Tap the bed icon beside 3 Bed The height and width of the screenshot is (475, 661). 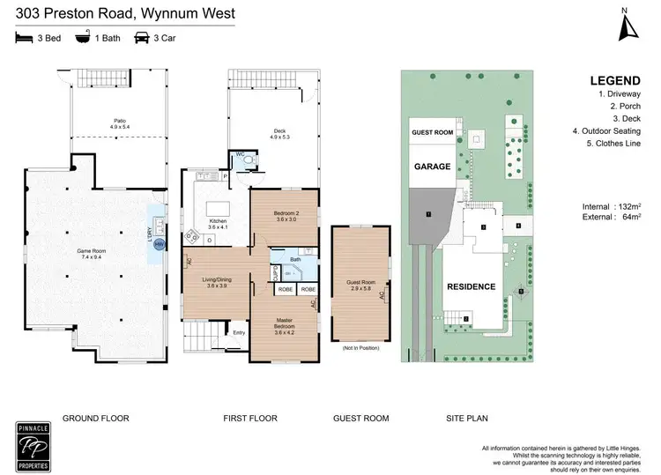point(24,38)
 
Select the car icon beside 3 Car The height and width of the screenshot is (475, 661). point(142,38)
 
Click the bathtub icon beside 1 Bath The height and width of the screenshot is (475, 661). point(84,38)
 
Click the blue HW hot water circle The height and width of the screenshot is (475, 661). point(160,244)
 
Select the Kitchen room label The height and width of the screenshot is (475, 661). point(217,224)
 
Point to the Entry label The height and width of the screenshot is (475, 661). point(239,332)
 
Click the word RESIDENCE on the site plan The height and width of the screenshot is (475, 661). point(471,287)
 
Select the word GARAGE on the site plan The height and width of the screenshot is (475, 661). point(433,166)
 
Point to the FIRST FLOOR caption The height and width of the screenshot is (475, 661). point(250,419)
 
